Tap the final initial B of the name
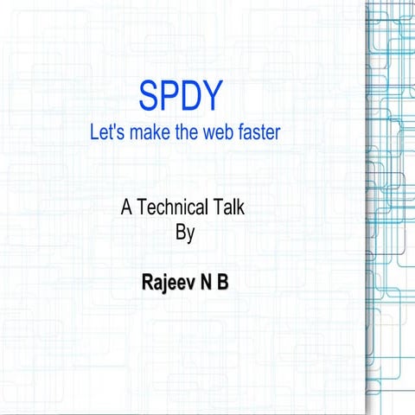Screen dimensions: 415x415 (223, 282)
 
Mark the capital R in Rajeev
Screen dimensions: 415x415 (147, 282)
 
